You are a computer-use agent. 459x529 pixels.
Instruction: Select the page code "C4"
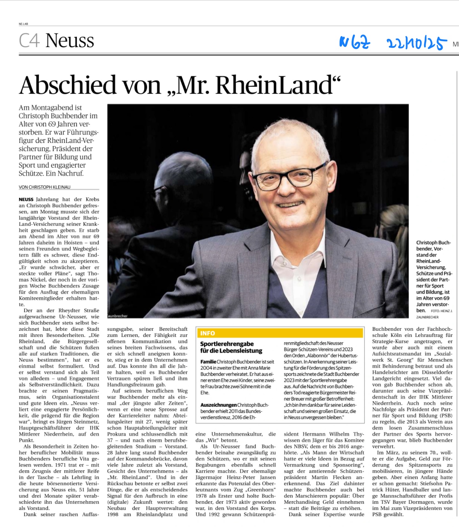point(29,41)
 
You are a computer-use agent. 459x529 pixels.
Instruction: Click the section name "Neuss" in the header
point(70,41)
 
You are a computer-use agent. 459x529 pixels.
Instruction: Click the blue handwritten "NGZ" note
point(355,42)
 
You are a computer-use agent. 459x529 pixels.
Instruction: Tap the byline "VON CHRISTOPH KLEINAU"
point(44,187)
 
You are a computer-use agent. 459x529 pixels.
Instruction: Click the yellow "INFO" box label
point(208,333)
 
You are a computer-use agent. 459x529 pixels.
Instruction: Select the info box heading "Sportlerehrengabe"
point(227,344)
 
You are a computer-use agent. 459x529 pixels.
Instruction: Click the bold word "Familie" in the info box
point(208,362)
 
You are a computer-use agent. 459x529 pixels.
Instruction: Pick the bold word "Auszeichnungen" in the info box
point(218,405)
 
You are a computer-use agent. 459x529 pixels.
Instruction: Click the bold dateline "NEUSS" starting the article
point(26,200)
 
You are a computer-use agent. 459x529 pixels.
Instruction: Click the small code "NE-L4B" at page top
point(23,24)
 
